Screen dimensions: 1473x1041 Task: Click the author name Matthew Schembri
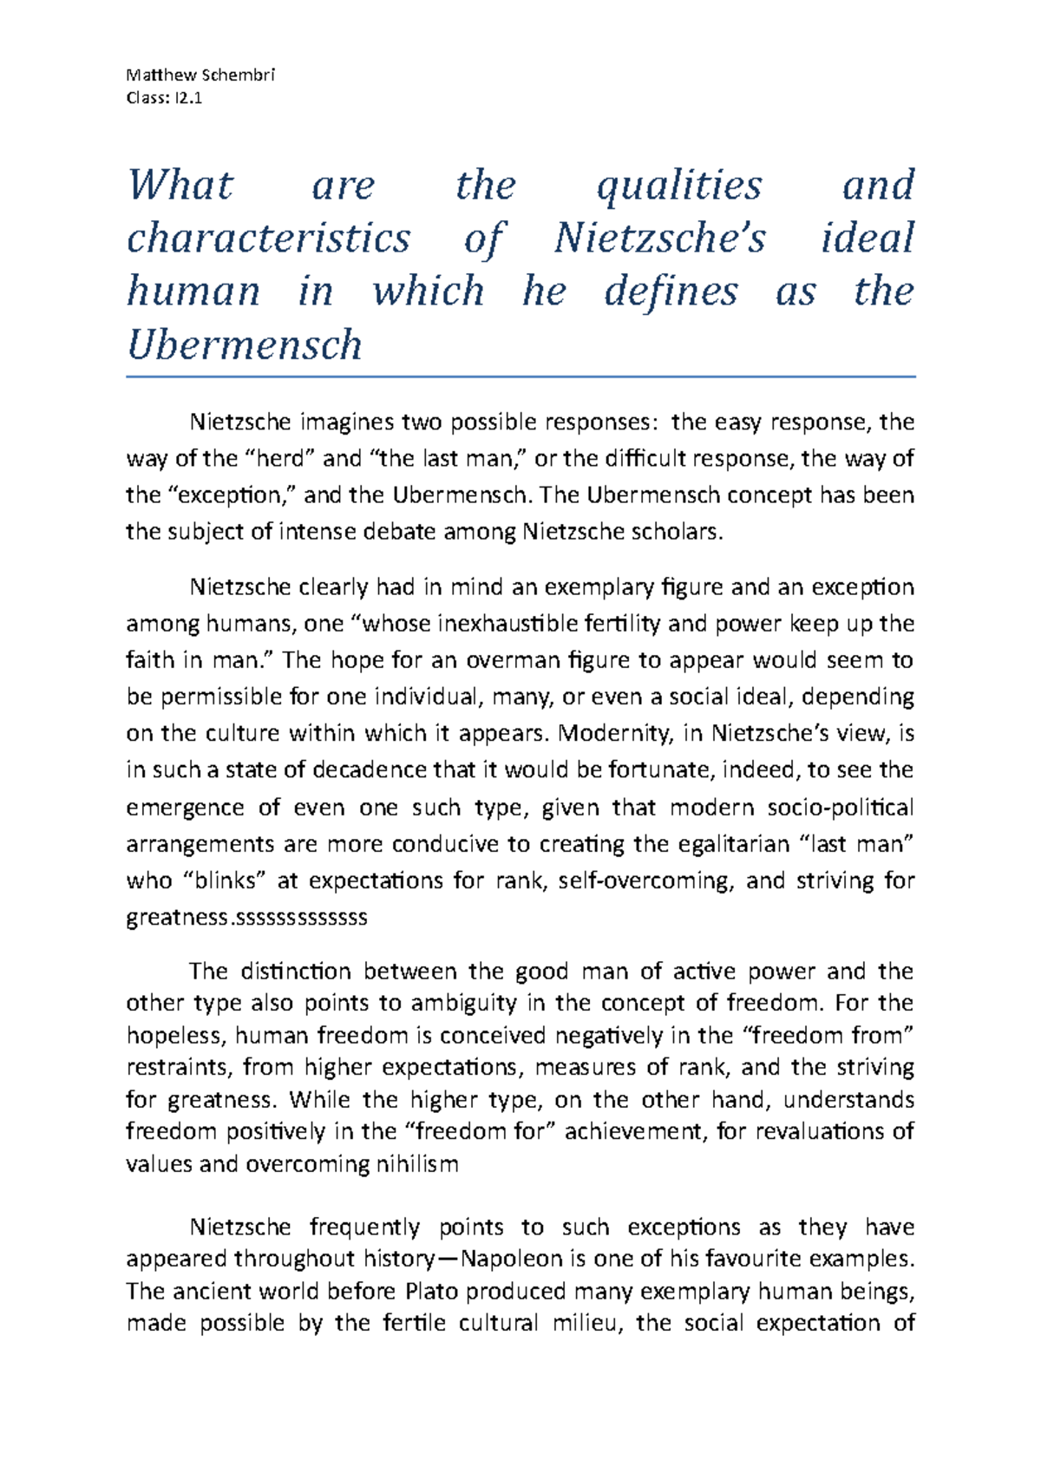(200, 75)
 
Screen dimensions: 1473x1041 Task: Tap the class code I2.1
(187, 97)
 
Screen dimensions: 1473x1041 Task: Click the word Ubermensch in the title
(245, 345)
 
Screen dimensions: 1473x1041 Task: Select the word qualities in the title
(679, 186)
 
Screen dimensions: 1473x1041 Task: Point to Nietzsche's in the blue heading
(660, 239)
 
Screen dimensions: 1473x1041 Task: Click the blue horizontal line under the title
(520, 377)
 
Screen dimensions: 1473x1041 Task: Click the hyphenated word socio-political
(841, 808)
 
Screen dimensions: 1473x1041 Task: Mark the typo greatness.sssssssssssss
(247, 918)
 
